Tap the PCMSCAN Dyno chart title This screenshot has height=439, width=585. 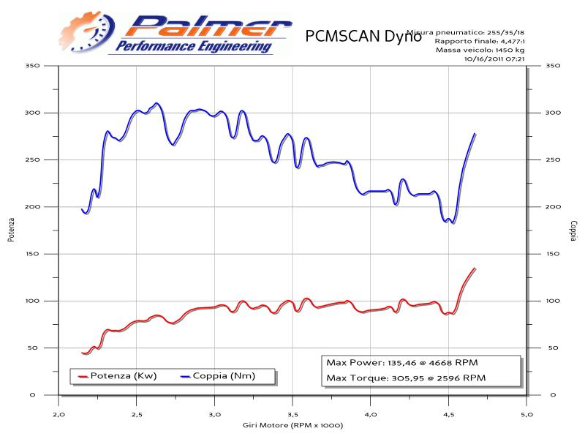(363, 36)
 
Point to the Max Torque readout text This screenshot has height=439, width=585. (405, 378)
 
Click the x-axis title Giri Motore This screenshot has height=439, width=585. (292, 425)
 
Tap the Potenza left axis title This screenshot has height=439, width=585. (11, 230)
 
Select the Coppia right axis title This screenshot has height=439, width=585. (575, 230)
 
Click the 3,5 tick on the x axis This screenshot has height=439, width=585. (292, 414)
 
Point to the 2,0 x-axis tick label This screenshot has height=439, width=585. (58, 414)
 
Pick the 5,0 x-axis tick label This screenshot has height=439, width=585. (526, 414)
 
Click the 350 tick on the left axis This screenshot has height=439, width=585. (31, 66)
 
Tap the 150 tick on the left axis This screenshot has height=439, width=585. (31, 254)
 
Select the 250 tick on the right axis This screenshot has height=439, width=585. (554, 160)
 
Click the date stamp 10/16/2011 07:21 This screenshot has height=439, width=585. (495, 59)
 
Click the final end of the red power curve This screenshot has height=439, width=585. (475, 269)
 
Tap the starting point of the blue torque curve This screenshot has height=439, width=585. (82, 210)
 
